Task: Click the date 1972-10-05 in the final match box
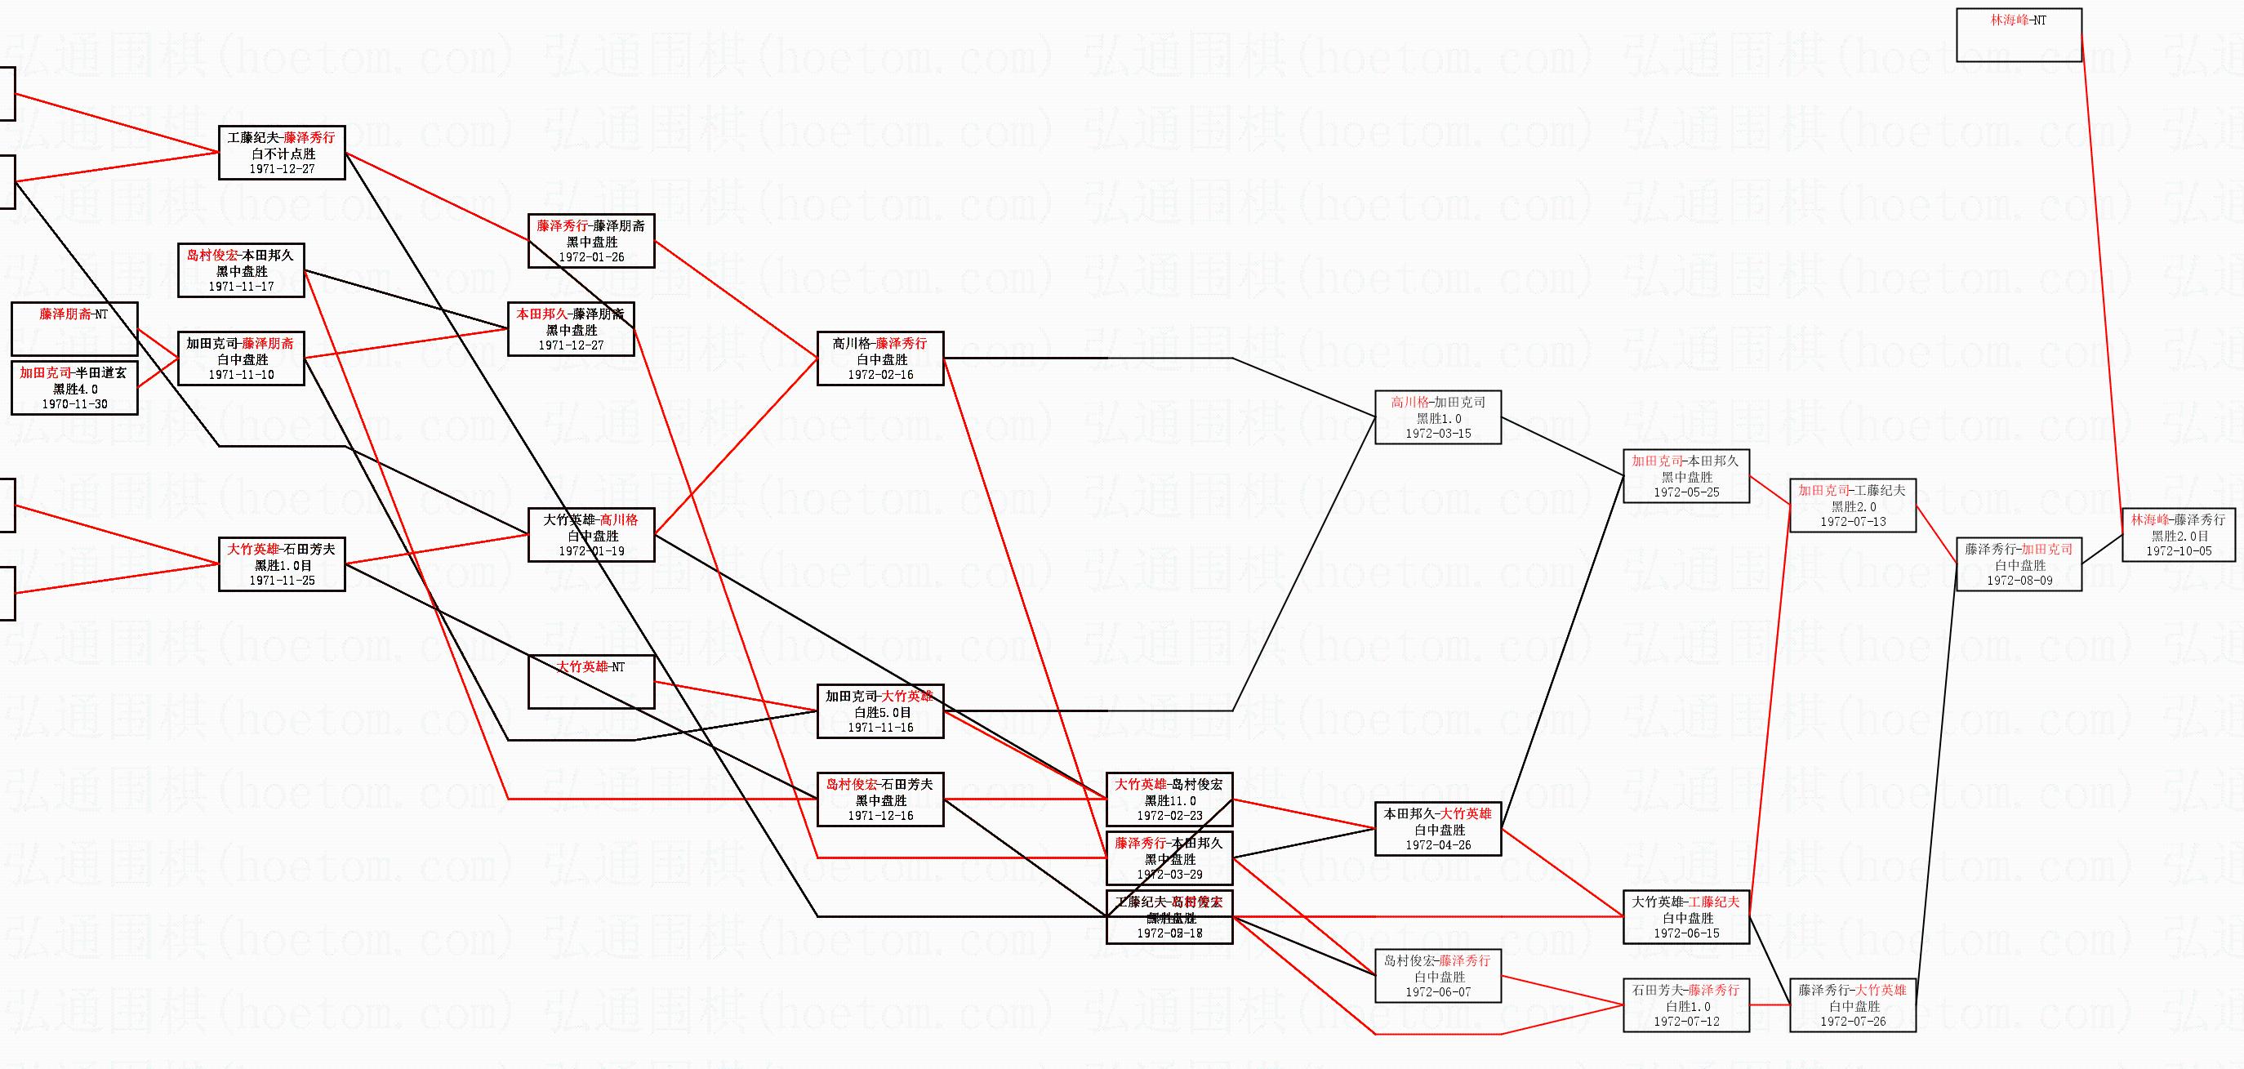(x=2179, y=550)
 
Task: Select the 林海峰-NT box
(x=2019, y=35)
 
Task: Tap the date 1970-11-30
(x=75, y=404)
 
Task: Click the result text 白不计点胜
(x=282, y=154)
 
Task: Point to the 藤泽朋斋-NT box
(x=74, y=328)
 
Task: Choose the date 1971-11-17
(x=241, y=286)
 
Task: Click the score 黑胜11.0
(x=1170, y=800)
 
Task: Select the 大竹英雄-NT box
(x=591, y=681)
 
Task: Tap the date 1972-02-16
(x=881, y=375)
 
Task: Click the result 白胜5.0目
(x=881, y=712)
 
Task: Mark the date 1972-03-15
(x=1438, y=433)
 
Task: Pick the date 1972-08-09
(x=2019, y=581)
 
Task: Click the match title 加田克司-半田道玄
(x=74, y=373)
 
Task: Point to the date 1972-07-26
(x=1853, y=1021)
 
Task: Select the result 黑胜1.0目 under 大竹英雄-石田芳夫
(x=282, y=564)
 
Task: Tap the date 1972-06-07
(x=1438, y=991)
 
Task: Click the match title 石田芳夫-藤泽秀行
(x=1686, y=990)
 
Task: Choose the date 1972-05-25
(x=1686, y=492)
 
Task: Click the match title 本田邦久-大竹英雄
(x=1438, y=813)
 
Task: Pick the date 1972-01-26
(x=591, y=257)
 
